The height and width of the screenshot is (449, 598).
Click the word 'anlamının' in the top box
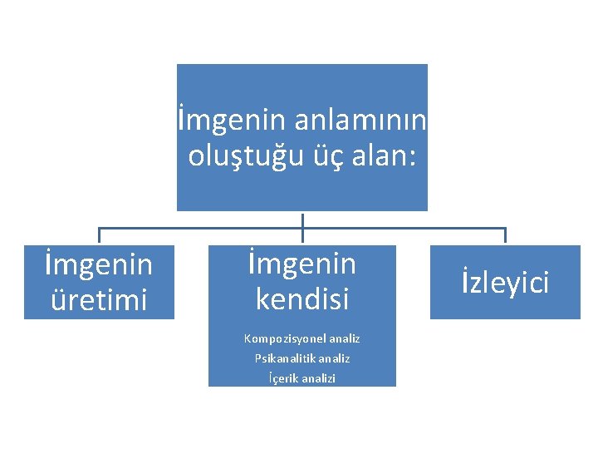click(x=360, y=121)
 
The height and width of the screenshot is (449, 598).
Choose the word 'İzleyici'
click(x=505, y=283)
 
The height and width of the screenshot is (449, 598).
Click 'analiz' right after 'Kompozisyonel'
click(x=345, y=338)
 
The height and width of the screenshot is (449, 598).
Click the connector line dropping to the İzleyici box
click(x=505, y=236)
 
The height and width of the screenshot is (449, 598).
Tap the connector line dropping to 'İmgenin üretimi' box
click(x=99, y=236)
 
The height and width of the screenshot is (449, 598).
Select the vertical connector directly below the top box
click(x=302, y=219)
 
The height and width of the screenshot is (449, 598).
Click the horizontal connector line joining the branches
click(x=199, y=228)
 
